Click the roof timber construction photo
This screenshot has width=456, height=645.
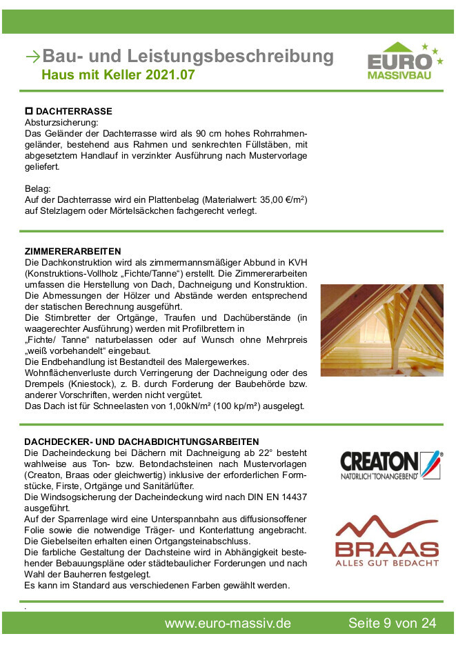[381, 330]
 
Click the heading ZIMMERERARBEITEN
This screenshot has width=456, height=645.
[72, 251]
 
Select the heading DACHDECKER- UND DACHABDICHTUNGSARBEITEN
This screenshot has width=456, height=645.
[141, 441]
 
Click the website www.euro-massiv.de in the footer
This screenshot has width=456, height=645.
[228, 624]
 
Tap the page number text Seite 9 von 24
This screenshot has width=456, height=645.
[392, 624]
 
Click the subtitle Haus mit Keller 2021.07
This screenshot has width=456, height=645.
[118, 75]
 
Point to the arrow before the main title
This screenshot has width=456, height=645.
[32, 57]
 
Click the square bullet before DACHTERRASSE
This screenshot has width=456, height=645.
[28, 111]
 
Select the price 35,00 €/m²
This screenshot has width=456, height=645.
[280, 200]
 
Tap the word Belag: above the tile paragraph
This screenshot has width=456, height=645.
[38, 189]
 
